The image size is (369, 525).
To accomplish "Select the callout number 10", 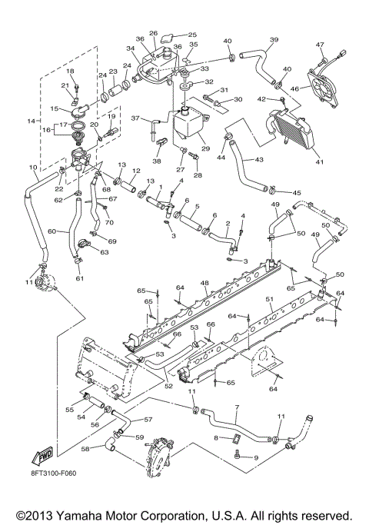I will coord(33,167).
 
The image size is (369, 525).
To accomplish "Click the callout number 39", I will coord(273,39).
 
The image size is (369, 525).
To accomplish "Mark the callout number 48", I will coord(204,284).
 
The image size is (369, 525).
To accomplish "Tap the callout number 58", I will coord(86,447).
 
